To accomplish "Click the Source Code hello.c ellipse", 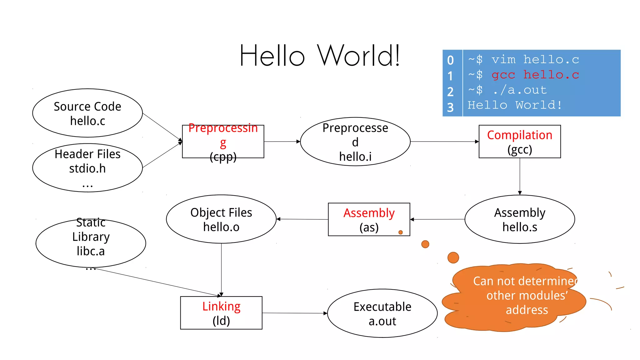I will (x=87, y=113).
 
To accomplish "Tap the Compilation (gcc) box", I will (x=519, y=142).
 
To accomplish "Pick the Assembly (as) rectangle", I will (x=369, y=219).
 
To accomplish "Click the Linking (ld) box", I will (x=221, y=313).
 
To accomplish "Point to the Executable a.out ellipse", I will (x=382, y=313).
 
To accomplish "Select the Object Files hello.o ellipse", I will (x=221, y=219).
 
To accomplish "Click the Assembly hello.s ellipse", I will (x=519, y=219).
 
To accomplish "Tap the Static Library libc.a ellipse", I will (x=91, y=243).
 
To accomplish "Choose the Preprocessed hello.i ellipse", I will (x=355, y=142).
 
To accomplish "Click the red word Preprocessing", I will (x=223, y=128).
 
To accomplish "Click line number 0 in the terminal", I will (x=450, y=60).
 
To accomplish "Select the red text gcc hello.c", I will (x=535, y=75).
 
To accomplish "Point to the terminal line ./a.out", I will (x=519, y=90).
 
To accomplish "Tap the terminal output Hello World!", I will (x=514, y=105).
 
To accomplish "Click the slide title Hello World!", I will (x=319, y=56).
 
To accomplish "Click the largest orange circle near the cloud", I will (x=453, y=257).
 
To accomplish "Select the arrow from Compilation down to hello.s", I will (x=520, y=177).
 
